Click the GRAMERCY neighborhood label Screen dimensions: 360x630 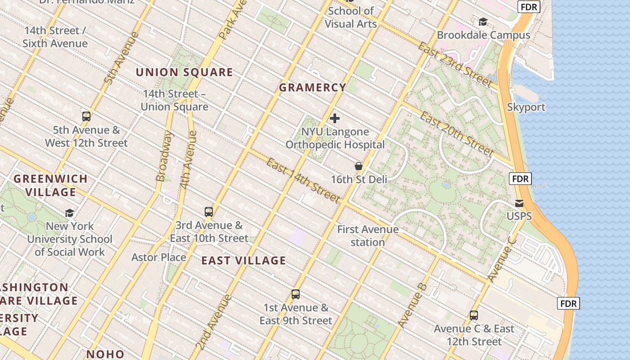[312, 88]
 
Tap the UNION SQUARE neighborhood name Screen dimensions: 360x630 [184, 72]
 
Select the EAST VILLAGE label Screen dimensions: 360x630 [243, 261]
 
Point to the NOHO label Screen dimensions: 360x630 [105, 354]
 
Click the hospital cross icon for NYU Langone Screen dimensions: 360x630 [335, 118]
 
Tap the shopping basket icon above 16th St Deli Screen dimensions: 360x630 [359, 166]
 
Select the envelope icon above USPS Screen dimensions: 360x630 [519, 203]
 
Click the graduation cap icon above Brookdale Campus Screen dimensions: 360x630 [483, 22]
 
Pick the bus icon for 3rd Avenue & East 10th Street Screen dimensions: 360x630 [209, 212]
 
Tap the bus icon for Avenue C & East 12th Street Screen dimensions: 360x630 [474, 315]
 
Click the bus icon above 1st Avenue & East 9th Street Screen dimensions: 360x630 [296, 294]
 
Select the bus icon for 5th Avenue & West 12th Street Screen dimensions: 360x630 [86, 117]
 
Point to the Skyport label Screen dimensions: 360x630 [526, 107]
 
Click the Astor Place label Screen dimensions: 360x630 [159, 257]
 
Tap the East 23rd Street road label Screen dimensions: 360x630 [454, 64]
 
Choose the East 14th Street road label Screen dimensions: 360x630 [302, 180]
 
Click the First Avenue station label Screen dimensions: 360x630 [368, 236]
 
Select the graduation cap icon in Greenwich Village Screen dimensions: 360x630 [69, 213]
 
